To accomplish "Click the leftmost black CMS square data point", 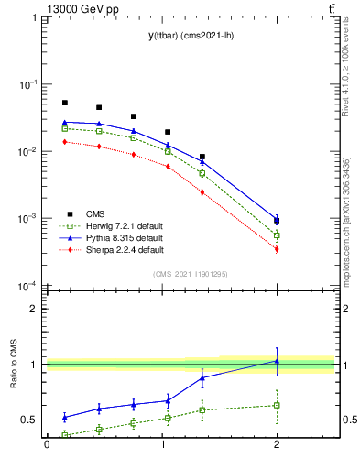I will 64,103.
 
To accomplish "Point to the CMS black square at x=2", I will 277,221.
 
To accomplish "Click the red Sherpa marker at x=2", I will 277,249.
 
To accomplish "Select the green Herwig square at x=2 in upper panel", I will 277,235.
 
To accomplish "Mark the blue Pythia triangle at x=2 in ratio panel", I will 277,361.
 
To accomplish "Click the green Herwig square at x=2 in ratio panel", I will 277,405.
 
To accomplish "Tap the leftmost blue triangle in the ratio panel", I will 64,417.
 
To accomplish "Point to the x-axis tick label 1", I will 161,446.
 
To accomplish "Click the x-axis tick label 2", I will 277,446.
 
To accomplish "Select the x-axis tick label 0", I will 47,446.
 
